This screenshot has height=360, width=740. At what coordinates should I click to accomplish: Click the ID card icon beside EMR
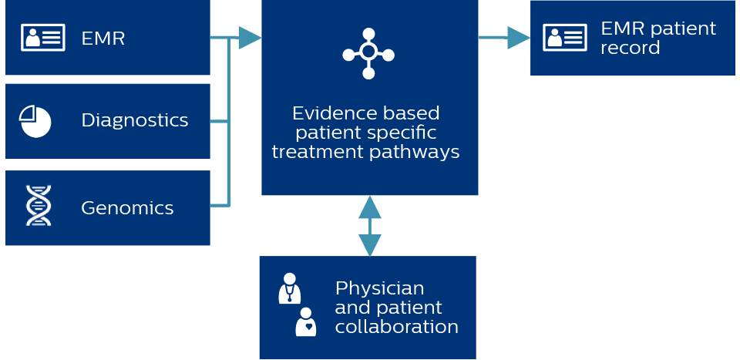(x=42, y=37)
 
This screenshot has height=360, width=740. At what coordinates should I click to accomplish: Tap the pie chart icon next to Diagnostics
(x=35, y=121)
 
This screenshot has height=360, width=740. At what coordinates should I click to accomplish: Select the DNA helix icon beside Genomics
(x=39, y=206)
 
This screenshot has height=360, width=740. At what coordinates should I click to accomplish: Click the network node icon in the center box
(x=368, y=54)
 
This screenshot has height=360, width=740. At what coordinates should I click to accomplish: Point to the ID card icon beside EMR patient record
(x=564, y=37)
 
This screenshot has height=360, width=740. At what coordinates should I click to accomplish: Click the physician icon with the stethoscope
(x=289, y=288)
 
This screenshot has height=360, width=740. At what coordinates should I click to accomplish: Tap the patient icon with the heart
(x=306, y=321)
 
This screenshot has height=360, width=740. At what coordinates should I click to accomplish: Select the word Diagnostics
(x=134, y=120)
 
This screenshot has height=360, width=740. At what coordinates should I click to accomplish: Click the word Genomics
(x=127, y=207)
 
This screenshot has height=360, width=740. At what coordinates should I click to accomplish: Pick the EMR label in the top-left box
(x=103, y=38)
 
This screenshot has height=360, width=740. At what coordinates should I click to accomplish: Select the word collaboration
(x=396, y=327)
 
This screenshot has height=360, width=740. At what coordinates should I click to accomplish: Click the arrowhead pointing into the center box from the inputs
(x=249, y=37)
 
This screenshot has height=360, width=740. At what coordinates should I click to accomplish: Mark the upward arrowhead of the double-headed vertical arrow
(x=370, y=207)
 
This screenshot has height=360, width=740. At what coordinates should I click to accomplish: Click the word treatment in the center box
(x=314, y=152)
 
